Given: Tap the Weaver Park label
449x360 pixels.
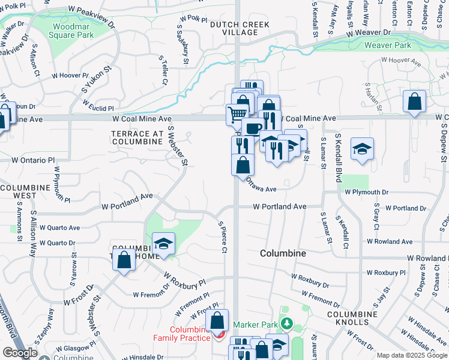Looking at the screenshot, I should [x=388, y=45].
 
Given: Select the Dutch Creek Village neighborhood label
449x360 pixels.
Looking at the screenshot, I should [x=240, y=28].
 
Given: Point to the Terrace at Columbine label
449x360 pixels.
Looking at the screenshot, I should [x=137, y=137].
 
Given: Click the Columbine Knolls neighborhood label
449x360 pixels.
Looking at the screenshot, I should [x=352, y=318].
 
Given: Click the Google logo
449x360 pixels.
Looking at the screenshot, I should [x=20, y=352].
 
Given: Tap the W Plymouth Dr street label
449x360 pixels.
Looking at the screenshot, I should [x=376, y=192].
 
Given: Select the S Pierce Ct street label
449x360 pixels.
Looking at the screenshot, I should [x=222, y=236].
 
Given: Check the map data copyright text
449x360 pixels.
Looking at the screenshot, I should [x=411, y=355].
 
